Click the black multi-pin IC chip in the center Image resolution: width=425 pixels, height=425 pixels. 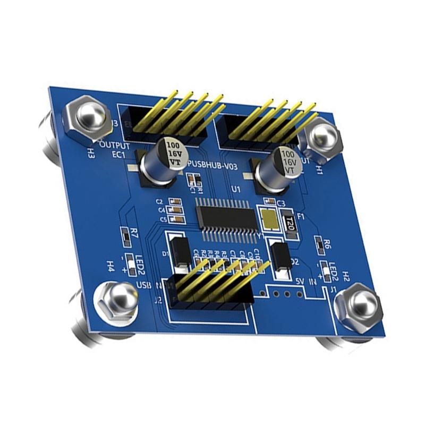click(226, 217)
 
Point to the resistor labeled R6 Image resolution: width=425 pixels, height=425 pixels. click(319, 244)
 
